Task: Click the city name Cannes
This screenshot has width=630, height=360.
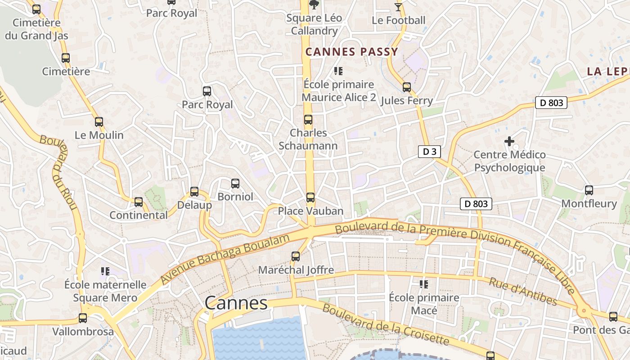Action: pyautogui.click(x=236, y=303)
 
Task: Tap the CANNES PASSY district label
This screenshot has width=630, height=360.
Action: pyautogui.click(x=352, y=52)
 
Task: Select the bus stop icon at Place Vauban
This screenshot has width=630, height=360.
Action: pyautogui.click(x=310, y=197)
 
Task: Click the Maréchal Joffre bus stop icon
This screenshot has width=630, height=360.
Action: pyautogui.click(x=296, y=256)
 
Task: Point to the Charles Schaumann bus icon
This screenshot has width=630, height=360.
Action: pyautogui.click(x=308, y=119)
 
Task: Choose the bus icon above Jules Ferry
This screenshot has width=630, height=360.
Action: pyautogui.click(x=407, y=87)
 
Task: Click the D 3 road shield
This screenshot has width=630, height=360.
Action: pyautogui.click(x=429, y=152)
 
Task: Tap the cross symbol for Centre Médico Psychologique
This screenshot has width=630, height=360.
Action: pyautogui.click(x=509, y=141)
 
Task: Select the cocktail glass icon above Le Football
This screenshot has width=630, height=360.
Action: pyautogui.click(x=398, y=6)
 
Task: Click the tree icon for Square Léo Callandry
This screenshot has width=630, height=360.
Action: pyautogui.click(x=314, y=4)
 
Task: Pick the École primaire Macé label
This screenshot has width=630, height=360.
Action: pyautogui.click(x=424, y=304)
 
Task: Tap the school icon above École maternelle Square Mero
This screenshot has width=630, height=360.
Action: pyautogui.click(x=105, y=271)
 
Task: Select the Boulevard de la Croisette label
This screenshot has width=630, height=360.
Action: pyautogui.click(x=386, y=325)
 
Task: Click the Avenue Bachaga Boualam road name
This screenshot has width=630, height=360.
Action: pyautogui.click(x=225, y=259)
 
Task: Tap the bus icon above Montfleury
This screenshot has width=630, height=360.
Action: pyautogui.click(x=589, y=190)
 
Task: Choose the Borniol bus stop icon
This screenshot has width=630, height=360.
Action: pyautogui.click(x=235, y=183)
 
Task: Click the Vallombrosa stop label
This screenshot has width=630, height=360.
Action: pyautogui.click(x=83, y=332)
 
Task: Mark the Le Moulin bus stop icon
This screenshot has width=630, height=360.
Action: pyautogui.click(x=99, y=121)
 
